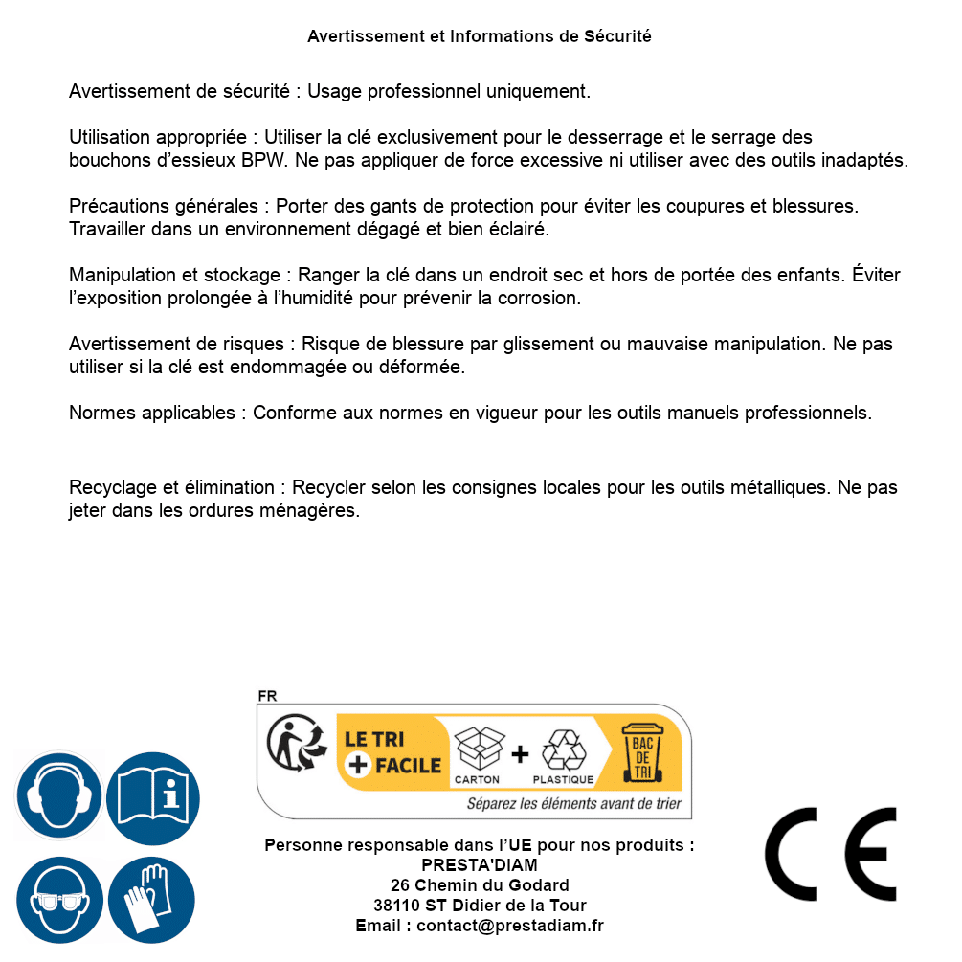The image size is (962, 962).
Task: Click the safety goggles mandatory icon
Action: click(x=59, y=901)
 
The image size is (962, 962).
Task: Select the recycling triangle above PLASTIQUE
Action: click(x=563, y=749)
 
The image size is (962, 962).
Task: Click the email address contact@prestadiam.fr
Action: click(x=510, y=926)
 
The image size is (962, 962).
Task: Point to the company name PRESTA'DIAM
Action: click(x=480, y=865)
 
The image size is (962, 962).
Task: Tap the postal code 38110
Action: click(x=395, y=906)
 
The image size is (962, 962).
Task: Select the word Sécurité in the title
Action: click(x=617, y=36)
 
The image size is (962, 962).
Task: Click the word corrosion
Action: click(x=543, y=298)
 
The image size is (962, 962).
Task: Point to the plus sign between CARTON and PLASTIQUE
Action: click(x=520, y=753)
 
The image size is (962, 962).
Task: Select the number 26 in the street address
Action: click(x=400, y=885)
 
